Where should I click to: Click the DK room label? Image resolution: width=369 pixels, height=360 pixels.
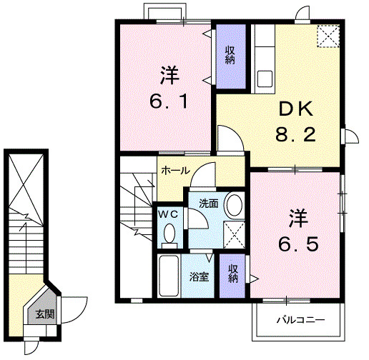tap(295, 109)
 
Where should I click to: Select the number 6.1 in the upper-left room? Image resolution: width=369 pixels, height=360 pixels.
tap(169, 101)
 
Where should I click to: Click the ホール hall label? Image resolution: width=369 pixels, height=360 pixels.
tap(175, 171)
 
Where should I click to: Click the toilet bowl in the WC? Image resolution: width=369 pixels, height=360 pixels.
tap(169, 233)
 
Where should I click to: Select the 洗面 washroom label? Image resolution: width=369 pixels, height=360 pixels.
tap(208, 203)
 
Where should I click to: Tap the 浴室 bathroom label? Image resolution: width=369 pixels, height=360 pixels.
tap(200, 276)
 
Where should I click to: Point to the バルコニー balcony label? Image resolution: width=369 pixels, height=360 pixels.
tap(301, 320)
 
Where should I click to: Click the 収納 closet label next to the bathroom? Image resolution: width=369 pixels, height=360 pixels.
tap(233, 274)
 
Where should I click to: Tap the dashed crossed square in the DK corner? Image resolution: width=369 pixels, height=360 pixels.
tap(328, 36)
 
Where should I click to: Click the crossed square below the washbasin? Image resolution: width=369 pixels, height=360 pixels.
tap(232, 234)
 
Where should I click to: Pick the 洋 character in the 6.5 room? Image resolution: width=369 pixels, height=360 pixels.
tap(298, 216)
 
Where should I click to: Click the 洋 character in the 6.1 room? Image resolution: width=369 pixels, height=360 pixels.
tap(169, 75)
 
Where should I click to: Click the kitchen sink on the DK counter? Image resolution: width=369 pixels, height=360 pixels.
tap(262, 77)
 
